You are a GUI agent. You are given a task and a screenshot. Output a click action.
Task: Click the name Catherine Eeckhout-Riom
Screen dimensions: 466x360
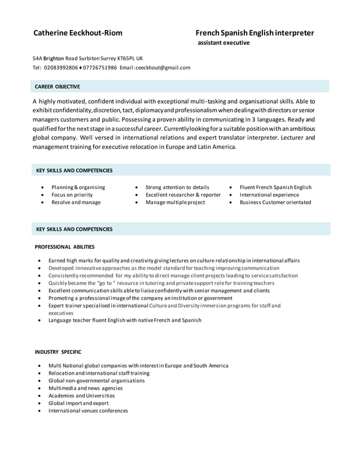(x=78, y=33)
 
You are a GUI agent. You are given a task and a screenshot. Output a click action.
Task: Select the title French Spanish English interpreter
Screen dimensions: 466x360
(x=254, y=33)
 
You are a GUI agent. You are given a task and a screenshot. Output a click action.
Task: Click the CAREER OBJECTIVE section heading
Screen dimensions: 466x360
(x=58, y=87)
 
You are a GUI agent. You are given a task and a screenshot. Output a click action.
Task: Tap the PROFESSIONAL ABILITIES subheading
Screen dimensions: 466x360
(x=65, y=247)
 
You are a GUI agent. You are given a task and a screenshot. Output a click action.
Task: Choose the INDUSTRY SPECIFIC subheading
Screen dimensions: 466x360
(x=58, y=352)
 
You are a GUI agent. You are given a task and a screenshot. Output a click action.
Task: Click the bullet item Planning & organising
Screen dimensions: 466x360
(x=78, y=187)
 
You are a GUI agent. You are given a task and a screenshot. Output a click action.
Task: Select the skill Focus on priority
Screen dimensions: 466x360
(x=72, y=195)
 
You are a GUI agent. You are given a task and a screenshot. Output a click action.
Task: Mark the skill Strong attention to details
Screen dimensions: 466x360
(x=177, y=187)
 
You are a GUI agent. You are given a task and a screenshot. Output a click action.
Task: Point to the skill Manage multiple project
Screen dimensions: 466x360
(x=175, y=203)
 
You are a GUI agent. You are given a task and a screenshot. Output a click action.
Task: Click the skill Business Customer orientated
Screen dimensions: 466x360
(x=275, y=203)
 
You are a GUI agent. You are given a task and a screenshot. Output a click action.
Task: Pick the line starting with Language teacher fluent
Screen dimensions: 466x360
(x=125, y=320)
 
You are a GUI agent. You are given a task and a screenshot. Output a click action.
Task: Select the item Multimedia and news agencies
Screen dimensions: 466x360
(x=85, y=388)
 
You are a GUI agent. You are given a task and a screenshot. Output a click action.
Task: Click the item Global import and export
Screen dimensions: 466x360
(x=78, y=403)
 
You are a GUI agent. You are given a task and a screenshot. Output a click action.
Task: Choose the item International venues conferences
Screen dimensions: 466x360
(x=88, y=411)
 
